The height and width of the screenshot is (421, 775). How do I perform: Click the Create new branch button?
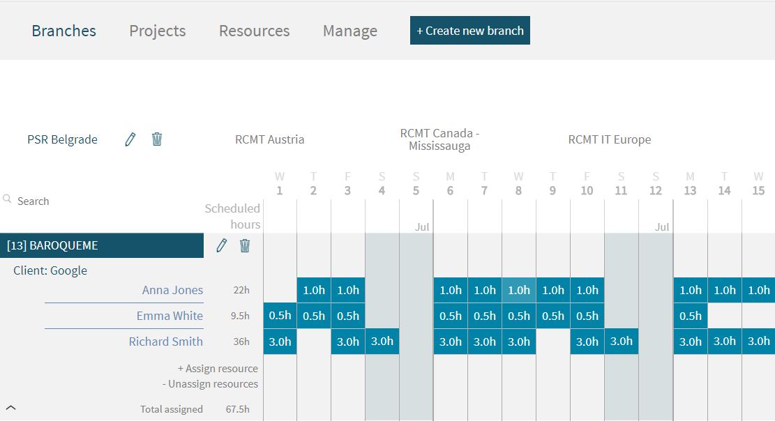(469, 31)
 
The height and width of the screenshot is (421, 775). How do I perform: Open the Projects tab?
(158, 31)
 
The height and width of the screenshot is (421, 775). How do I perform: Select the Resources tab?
(254, 31)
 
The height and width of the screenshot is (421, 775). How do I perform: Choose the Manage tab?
(350, 31)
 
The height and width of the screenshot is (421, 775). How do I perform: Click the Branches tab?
(64, 31)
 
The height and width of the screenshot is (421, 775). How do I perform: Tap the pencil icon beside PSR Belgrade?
(130, 139)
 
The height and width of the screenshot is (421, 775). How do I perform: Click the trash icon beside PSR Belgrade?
(157, 139)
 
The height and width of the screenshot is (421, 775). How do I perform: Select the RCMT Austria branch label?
(270, 139)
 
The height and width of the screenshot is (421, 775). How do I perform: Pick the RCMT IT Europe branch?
(610, 139)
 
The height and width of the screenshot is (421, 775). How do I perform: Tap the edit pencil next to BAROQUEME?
(222, 245)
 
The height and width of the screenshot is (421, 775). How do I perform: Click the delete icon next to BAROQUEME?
(245, 245)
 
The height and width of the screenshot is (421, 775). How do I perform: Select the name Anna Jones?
(172, 290)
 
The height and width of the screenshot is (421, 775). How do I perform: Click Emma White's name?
(170, 316)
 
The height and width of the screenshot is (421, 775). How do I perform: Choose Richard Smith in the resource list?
(166, 342)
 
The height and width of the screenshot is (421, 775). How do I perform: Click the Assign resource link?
(218, 369)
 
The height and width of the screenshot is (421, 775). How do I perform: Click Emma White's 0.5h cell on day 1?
(280, 316)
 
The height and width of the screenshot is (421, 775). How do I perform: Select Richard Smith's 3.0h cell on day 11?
(622, 342)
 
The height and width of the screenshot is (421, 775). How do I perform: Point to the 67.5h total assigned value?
(238, 409)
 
